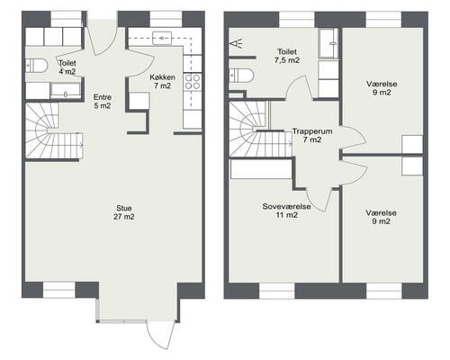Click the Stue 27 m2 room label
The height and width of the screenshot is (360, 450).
(x=124, y=212)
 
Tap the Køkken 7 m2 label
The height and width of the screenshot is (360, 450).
(x=162, y=81)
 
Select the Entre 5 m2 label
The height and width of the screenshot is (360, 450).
(x=103, y=102)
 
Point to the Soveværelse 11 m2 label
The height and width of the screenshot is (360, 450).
(x=286, y=211)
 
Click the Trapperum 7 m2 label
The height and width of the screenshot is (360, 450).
(x=312, y=135)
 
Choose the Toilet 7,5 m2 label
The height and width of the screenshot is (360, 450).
(x=287, y=56)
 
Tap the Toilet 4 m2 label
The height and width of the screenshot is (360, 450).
(x=67, y=67)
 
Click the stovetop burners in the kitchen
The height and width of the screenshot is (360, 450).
(x=193, y=82)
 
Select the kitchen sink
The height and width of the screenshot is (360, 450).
(x=162, y=38)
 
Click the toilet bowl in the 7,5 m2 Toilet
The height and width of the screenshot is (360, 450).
(x=241, y=76)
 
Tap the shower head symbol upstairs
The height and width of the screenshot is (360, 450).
(x=237, y=44)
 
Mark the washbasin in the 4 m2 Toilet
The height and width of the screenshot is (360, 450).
(x=65, y=91)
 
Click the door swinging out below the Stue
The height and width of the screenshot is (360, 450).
(x=160, y=336)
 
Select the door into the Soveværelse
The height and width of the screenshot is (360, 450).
(x=319, y=199)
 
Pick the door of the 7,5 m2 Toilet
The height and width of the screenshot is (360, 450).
(x=300, y=87)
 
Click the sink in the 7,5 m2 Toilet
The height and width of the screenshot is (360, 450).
(x=329, y=44)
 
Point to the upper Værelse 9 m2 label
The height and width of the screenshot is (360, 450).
(x=382, y=88)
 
